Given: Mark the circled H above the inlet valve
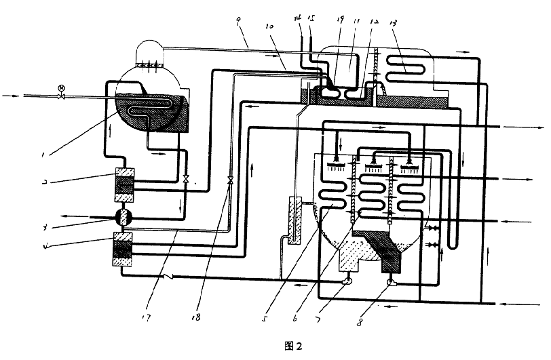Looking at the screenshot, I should click(61, 88).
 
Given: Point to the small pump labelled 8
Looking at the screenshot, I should click(392, 283).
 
